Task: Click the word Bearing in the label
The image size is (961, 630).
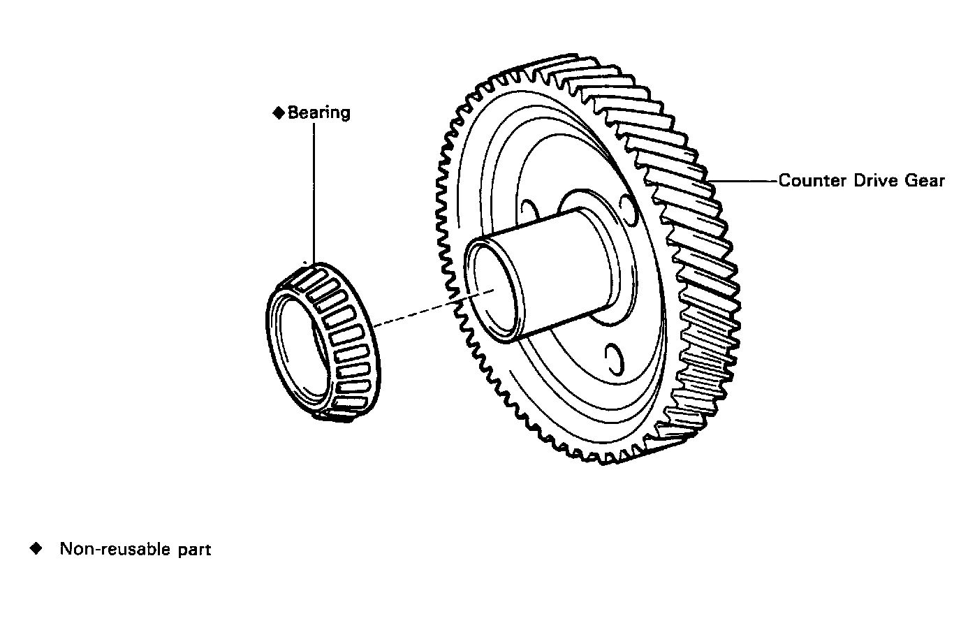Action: tap(319, 112)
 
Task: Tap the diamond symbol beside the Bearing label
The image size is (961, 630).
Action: tap(279, 112)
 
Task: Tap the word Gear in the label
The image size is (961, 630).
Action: tap(925, 181)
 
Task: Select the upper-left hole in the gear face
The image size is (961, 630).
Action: tap(529, 210)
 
